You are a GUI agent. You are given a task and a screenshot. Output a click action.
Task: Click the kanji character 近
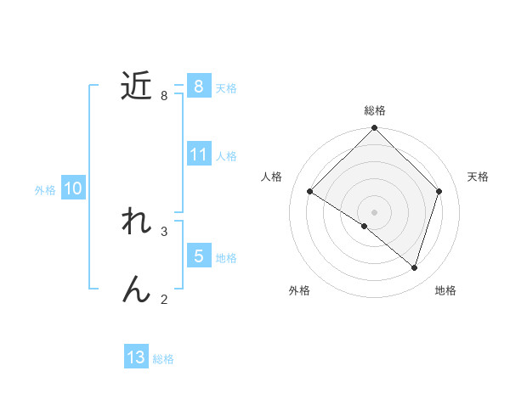tap(136, 86)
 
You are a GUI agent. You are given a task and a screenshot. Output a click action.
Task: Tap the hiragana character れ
tap(136, 222)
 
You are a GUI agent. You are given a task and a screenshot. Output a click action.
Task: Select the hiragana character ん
tap(136, 289)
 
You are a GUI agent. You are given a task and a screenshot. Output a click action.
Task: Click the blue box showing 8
tap(198, 86)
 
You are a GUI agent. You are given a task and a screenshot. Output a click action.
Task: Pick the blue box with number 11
tap(198, 154)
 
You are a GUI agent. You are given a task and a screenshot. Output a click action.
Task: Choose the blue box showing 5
tap(198, 256)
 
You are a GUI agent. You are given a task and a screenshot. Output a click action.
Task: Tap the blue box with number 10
tap(73, 188)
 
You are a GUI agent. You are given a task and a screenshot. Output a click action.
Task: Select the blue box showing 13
tap(136, 357)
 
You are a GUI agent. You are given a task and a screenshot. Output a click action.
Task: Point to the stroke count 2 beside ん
tap(164, 299)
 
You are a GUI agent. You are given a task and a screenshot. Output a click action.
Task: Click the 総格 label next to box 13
tap(163, 359)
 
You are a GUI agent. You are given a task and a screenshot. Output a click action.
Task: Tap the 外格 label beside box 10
tap(45, 190)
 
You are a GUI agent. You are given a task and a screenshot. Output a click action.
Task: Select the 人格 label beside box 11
tap(226, 156)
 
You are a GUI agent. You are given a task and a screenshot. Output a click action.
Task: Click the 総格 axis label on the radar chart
tap(375, 110)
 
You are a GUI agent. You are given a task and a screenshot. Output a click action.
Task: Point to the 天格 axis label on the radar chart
tap(479, 177)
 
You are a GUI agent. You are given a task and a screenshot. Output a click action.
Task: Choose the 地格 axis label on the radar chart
tap(445, 290)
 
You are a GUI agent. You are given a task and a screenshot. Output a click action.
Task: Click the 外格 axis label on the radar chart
tap(299, 290)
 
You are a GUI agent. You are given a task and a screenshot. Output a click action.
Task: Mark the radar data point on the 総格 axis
tap(375, 128)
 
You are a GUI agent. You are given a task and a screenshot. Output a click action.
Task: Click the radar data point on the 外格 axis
tap(365, 227)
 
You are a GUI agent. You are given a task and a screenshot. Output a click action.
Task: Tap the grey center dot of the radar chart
tap(375, 211)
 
